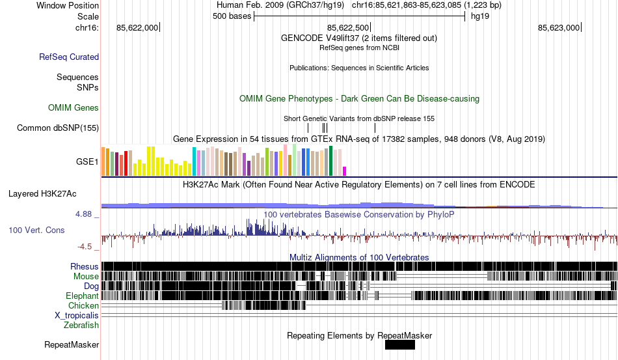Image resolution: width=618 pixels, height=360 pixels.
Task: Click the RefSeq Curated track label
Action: tap(69, 57)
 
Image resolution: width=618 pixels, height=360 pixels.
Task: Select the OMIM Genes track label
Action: tap(74, 107)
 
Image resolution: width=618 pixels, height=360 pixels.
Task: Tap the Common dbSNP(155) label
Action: tap(57, 128)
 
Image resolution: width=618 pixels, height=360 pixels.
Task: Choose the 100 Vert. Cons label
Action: tap(36, 230)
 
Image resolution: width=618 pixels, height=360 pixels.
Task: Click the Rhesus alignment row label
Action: tap(85, 266)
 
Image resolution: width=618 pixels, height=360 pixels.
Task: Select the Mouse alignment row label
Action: tap(86, 276)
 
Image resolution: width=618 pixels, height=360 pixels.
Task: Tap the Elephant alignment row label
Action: tap(82, 296)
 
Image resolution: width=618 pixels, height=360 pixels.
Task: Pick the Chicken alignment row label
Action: tap(84, 305)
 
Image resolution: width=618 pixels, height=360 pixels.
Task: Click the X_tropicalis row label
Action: tap(77, 315)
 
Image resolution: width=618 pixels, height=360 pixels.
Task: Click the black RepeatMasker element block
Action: tap(399, 345)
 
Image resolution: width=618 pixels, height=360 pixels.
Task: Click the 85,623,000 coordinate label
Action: tap(558, 27)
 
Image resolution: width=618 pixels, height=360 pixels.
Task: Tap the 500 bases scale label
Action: tap(232, 16)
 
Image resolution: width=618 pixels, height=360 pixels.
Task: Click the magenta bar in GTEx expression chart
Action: tap(345, 171)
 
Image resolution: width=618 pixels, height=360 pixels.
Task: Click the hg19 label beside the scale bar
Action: tap(480, 16)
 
